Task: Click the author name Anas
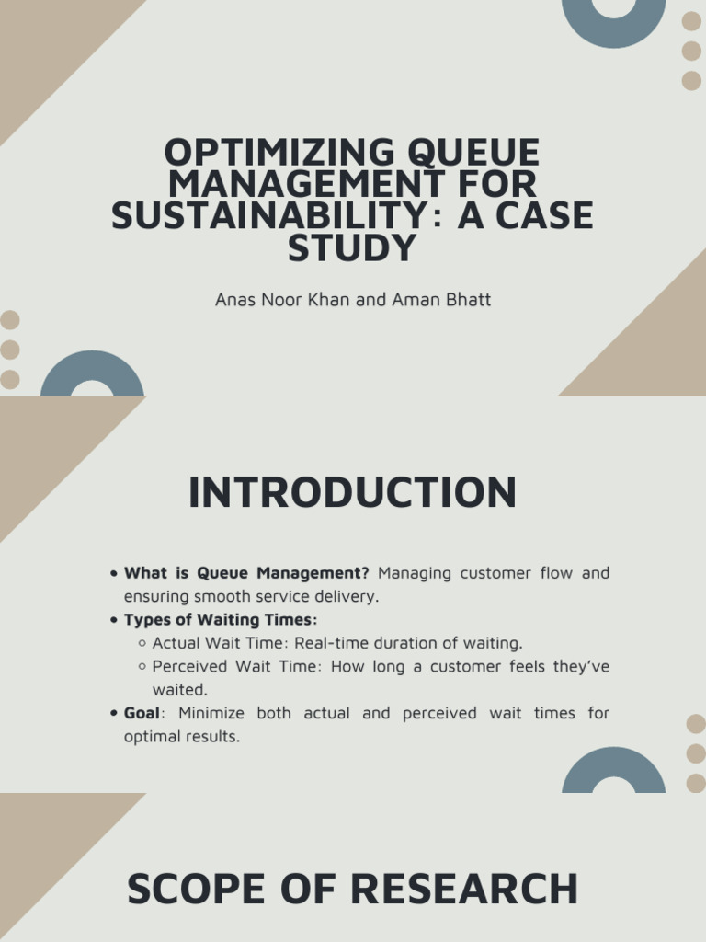(x=233, y=301)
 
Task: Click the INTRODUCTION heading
(x=352, y=493)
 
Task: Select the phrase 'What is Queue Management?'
(x=246, y=573)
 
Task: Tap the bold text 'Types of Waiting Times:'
(x=221, y=620)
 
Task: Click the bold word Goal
(x=142, y=713)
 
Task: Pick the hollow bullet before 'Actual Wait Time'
(x=142, y=643)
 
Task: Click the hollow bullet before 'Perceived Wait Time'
(x=142, y=666)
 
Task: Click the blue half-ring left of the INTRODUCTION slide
(x=92, y=374)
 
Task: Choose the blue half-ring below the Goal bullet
(x=613, y=771)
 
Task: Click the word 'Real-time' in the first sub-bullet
(x=327, y=643)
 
